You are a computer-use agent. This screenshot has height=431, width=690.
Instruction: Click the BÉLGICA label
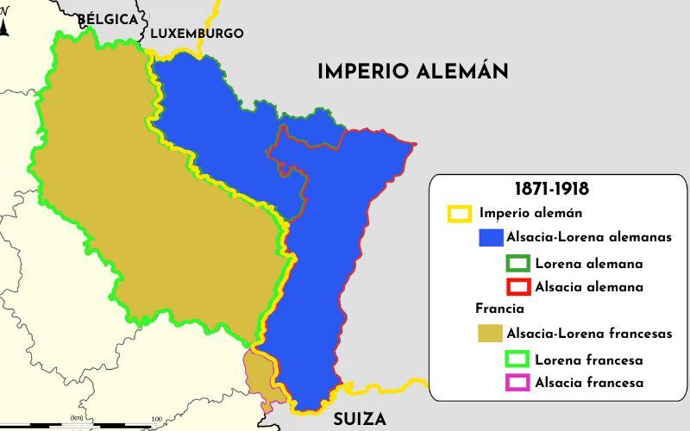point(107,18)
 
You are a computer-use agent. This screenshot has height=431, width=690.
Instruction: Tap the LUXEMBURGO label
point(197,34)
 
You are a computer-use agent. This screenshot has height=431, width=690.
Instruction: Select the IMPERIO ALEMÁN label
point(412,72)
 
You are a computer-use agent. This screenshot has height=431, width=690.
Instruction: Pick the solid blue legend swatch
point(491,237)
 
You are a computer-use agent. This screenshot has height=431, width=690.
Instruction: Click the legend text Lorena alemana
point(588,263)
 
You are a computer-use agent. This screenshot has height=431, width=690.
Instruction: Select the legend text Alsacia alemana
point(588,286)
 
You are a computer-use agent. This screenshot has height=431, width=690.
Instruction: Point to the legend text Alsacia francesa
point(588,383)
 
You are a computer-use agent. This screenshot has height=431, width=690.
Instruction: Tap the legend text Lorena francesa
point(588,359)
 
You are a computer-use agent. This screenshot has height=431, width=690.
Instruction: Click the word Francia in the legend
point(499,309)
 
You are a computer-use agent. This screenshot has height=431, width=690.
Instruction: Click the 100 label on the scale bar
point(156,420)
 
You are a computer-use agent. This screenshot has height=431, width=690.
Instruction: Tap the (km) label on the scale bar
point(77,418)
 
